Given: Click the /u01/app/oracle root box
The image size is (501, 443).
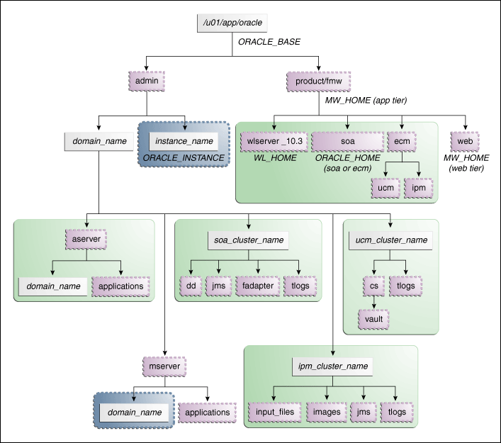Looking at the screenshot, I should click(233, 23).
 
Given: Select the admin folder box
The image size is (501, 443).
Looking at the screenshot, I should click(147, 81).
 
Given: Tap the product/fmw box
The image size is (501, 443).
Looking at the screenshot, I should click(319, 81).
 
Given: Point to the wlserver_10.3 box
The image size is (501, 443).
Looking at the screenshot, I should click(274, 141).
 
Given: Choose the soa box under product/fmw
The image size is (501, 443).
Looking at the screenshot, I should click(347, 141).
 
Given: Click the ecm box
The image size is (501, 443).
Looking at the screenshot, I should click(402, 141).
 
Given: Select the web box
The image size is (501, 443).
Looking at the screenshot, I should click(465, 141).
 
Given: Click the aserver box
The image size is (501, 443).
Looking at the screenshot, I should click(86, 240).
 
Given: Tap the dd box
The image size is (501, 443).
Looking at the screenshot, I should click(191, 286).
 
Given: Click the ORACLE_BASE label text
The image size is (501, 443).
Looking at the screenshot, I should click(269, 43).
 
